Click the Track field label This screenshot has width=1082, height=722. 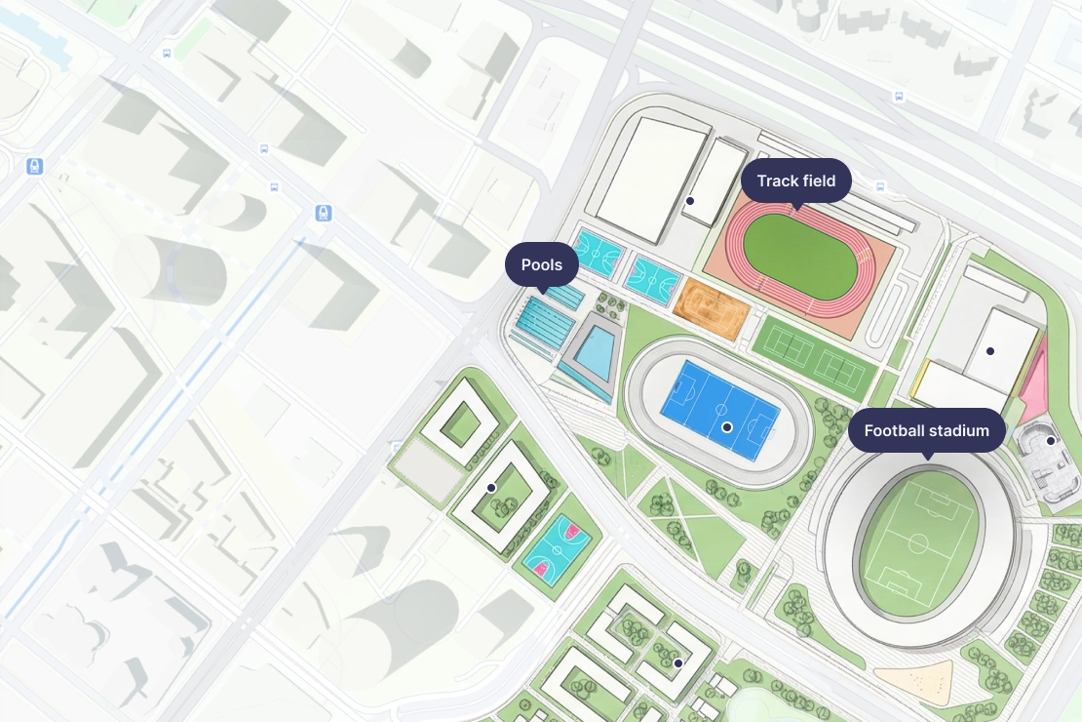click(x=795, y=181)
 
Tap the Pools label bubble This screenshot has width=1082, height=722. click(x=541, y=264)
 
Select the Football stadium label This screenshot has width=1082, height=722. click(x=926, y=430)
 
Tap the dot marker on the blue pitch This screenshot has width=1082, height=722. click(x=726, y=427)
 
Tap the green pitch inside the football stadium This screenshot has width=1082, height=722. click(x=918, y=543)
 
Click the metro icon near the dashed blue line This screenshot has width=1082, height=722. click(x=324, y=213)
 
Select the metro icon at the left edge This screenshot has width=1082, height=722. click(x=35, y=167)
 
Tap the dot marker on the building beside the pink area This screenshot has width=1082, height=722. click(x=989, y=350)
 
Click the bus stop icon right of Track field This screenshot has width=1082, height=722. click(x=880, y=186)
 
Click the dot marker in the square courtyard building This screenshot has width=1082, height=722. click(x=491, y=487)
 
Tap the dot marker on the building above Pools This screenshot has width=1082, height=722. click(x=689, y=200)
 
